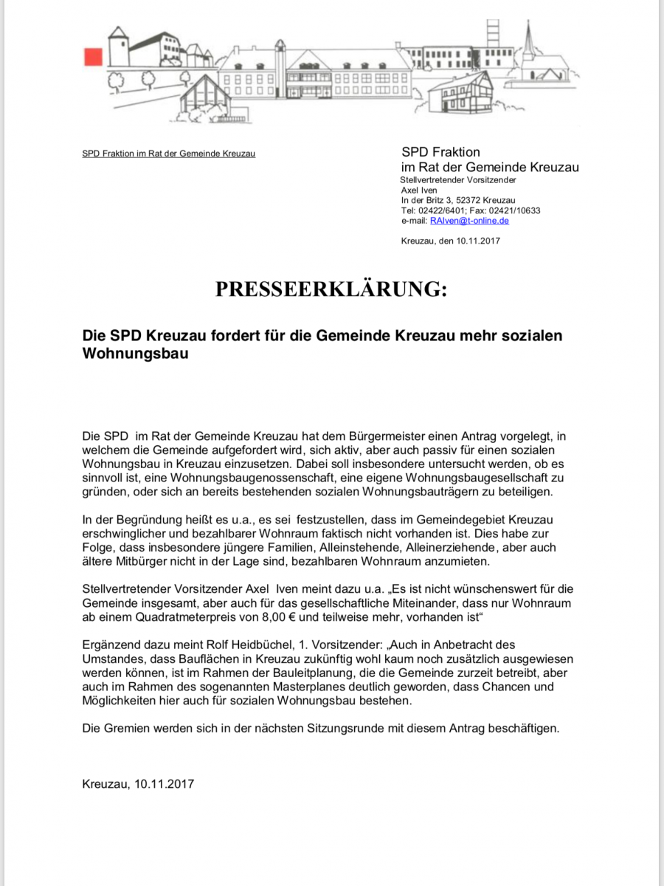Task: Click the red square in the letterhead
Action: point(92,56)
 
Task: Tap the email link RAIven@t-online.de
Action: point(469,220)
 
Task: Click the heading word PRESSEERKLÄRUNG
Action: point(331,289)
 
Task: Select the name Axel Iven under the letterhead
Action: point(418,190)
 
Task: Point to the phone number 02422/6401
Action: point(440,210)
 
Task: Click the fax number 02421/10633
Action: point(516,210)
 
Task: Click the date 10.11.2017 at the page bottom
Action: point(164,783)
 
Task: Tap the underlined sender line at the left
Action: point(169,154)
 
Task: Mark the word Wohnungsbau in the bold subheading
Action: point(136,354)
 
